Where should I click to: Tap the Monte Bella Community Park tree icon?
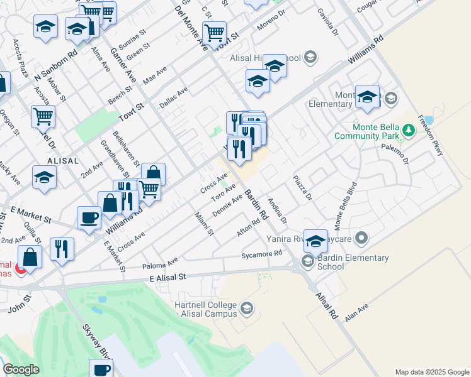point(409,130)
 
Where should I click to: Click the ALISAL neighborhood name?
point(62,161)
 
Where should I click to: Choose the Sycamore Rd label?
point(262,254)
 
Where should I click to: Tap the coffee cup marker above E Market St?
point(89,217)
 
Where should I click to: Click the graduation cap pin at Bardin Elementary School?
point(315,239)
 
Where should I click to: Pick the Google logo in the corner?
point(21,369)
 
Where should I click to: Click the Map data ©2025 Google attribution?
point(432,372)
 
